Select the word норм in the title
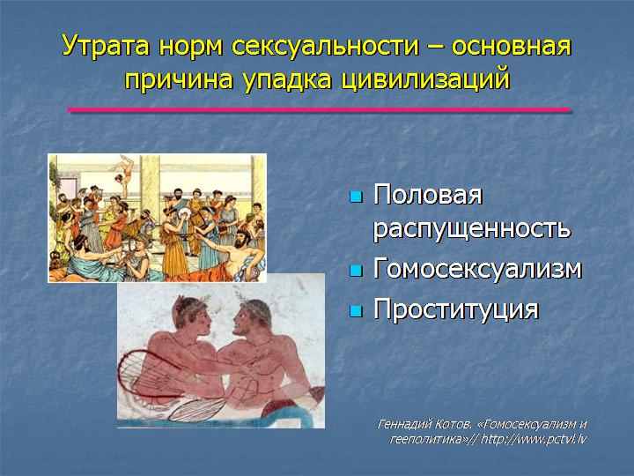pyautogui.click(x=191, y=47)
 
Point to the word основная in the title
pyautogui.click(x=511, y=47)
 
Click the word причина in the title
pyautogui.click(x=179, y=79)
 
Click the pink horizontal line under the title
pyautogui.click(x=320, y=109)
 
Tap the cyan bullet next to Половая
pyautogui.click(x=356, y=197)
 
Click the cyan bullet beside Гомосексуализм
pyautogui.click(x=356, y=271)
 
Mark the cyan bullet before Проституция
pyautogui.click(x=356, y=311)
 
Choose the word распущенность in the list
pyautogui.click(x=471, y=229)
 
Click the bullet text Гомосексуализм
pyautogui.click(x=477, y=269)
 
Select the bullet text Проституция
pyautogui.click(x=456, y=309)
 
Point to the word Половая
pyautogui.click(x=428, y=195)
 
